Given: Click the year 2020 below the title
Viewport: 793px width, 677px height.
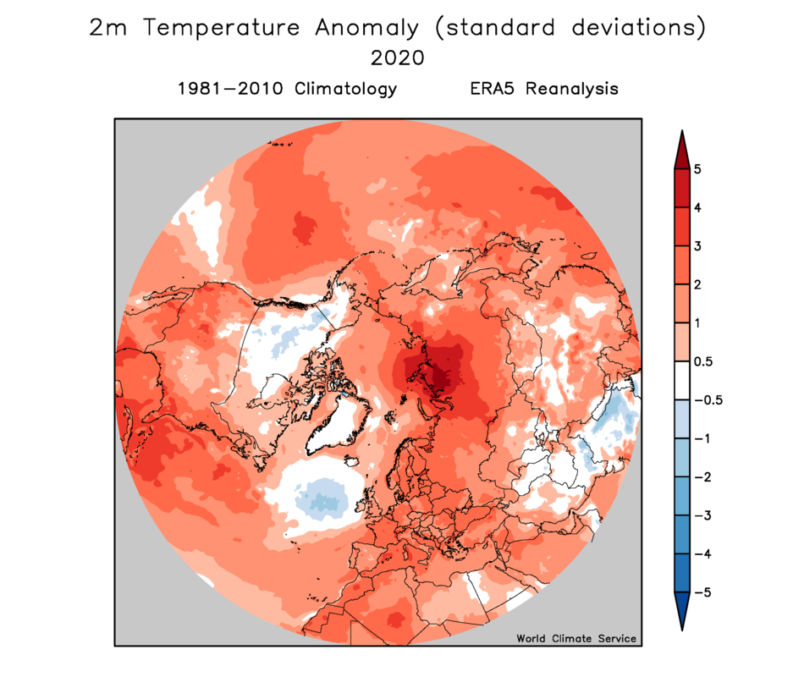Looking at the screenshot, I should [x=398, y=58].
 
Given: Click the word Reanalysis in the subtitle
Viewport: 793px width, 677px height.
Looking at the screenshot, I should [x=572, y=89].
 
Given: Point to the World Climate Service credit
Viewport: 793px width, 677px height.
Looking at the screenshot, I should [x=575, y=638].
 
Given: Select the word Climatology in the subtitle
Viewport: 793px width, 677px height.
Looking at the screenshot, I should [x=345, y=89].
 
